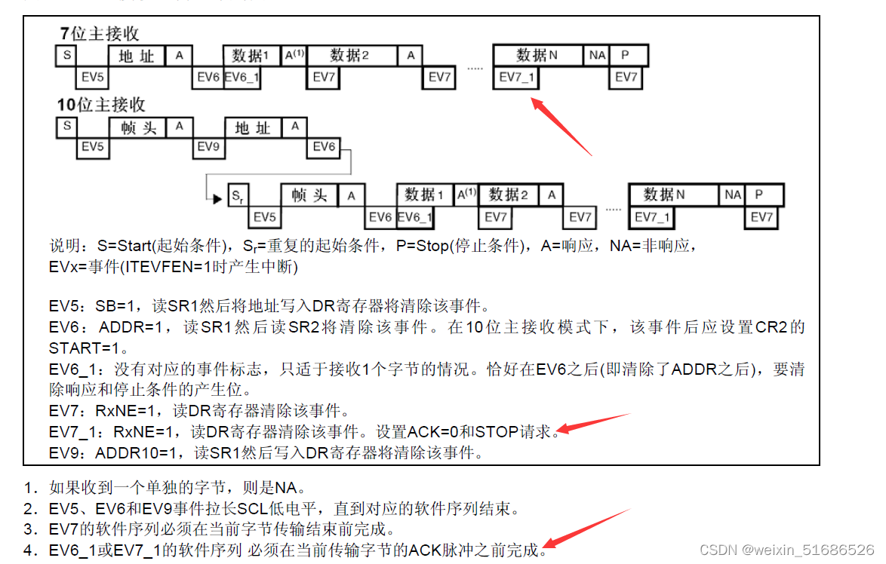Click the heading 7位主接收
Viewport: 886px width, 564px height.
click(100, 34)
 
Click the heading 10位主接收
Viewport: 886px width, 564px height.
click(102, 105)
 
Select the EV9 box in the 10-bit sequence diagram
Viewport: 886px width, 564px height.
click(208, 147)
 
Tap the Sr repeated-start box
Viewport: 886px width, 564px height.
click(237, 196)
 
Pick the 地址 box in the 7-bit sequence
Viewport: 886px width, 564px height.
click(137, 56)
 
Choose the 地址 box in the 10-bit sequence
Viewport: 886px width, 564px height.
click(253, 127)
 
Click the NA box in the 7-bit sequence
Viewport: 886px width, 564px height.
click(597, 55)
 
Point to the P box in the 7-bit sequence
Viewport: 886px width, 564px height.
click(625, 55)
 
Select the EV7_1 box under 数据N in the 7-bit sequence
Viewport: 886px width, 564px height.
click(516, 78)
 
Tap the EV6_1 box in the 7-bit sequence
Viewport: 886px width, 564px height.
click(241, 78)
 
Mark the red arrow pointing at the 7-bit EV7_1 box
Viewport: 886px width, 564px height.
click(561, 126)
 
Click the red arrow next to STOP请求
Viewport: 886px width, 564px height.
click(592, 424)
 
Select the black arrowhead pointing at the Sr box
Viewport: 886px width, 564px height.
click(217, 199)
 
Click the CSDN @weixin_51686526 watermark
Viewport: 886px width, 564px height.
click(786, 550)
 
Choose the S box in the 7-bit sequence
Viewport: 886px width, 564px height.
click(66, 56)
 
